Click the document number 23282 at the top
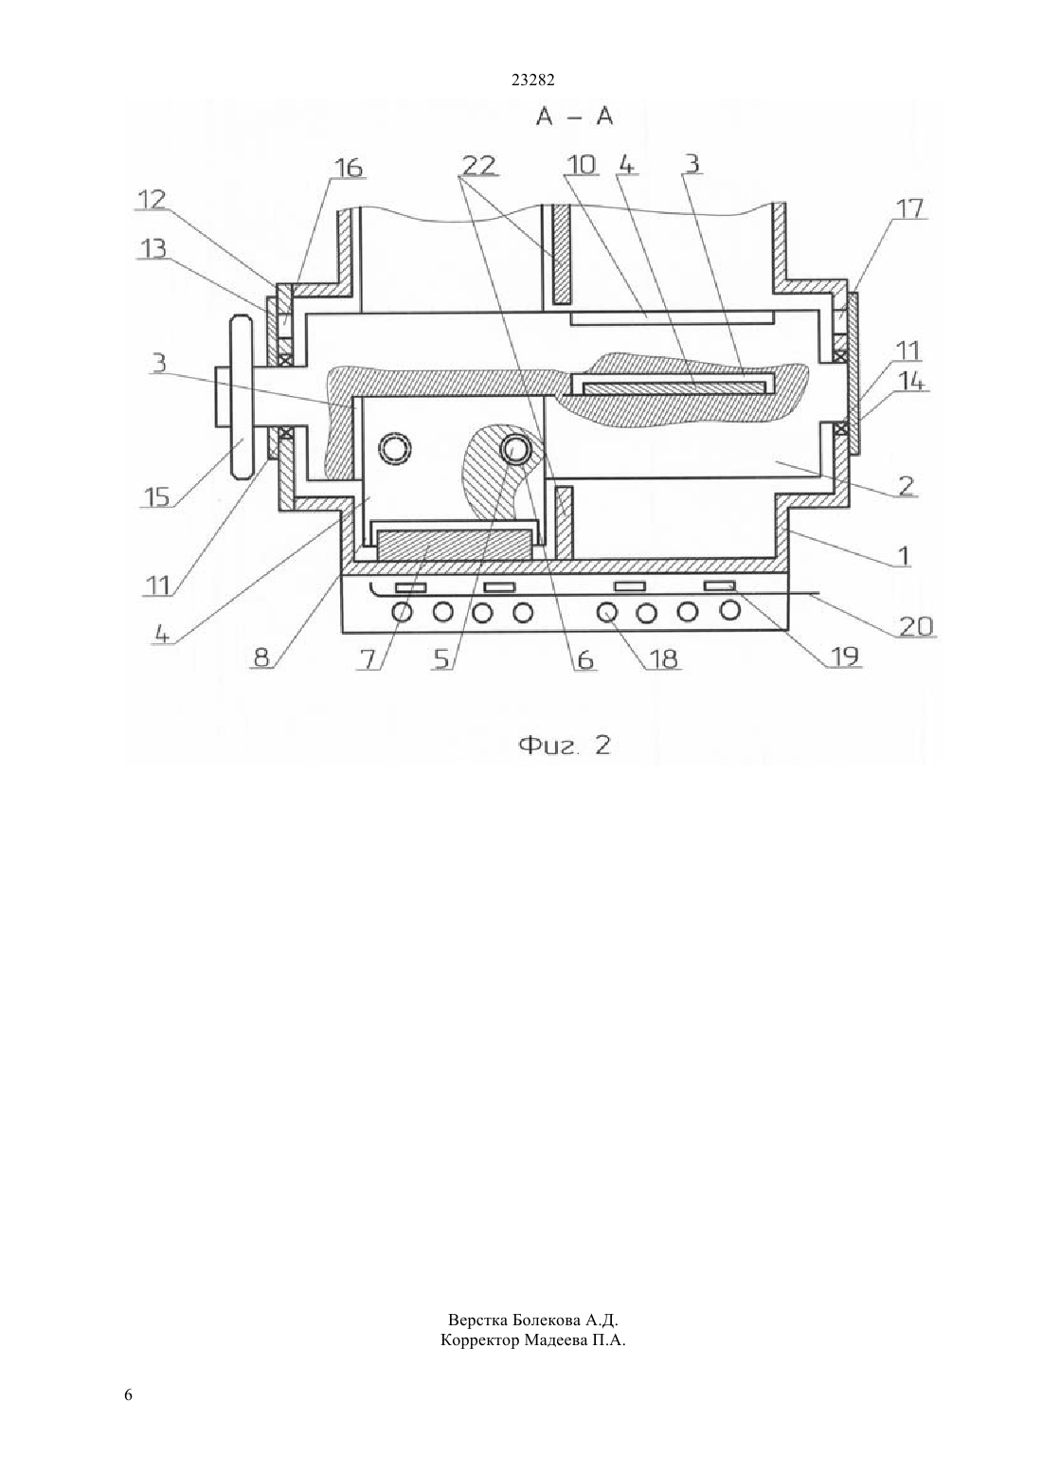click(532, 81)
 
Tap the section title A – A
click(574, 117)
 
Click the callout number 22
click(478, 165)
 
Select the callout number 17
click(908, 208)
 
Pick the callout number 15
click(155, 497)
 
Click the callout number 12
click(150, 199)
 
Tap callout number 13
click(152, 249)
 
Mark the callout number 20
click(916, 626)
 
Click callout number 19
click(846, 656)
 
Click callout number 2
click(906, 486)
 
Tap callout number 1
click(904, 556)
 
